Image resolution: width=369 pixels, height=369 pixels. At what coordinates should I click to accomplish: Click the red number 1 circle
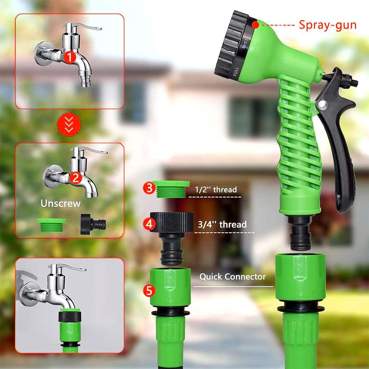coord(70,57)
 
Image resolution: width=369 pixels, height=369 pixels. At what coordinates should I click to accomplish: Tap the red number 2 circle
coord(76,178)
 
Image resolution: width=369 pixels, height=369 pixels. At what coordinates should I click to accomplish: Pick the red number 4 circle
coord(149,224)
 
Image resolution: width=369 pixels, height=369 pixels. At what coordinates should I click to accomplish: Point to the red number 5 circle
coord(149,291)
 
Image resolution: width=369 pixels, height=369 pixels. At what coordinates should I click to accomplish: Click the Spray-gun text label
coord(328,25)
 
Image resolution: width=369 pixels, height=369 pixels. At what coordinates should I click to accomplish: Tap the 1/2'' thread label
coord(216,190)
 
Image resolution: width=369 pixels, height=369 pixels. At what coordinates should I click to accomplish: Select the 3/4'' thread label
coord(222,224)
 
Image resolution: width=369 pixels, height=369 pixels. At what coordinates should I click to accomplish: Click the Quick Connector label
coord(233,277)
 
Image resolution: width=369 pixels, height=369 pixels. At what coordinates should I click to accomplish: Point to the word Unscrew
coord(60,203)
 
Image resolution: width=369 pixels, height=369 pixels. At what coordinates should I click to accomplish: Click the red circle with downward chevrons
coord(69,125)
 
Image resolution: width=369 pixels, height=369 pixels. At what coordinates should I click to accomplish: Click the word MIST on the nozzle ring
coord(245,43)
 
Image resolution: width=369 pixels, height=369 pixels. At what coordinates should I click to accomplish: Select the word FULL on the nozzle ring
coord(236,71)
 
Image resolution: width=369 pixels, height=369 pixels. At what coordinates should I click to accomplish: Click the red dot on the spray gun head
coord(255,25)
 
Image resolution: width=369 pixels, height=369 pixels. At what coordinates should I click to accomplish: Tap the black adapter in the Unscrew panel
coord(93,224)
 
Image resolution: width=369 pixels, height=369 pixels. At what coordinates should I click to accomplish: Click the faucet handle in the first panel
coord(82,26)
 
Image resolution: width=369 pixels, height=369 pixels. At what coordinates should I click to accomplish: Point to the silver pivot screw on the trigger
coord(323,105)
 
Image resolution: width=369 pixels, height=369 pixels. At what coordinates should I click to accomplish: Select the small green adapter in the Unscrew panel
coord(52,225)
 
